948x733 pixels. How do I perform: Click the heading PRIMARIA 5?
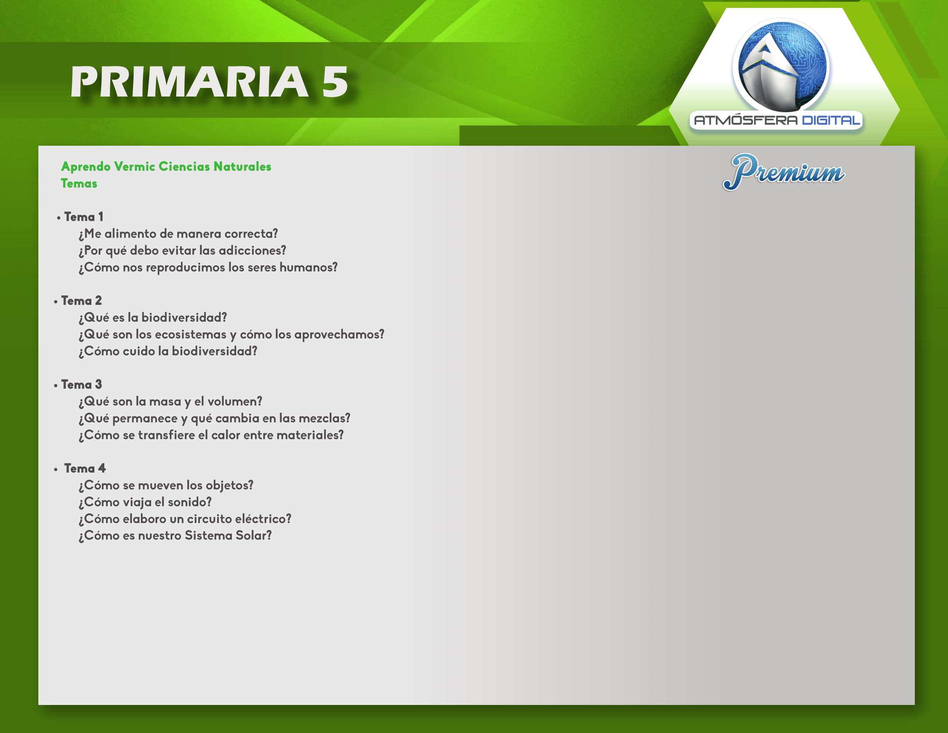[x=209, y=81]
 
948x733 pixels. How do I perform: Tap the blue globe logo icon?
[x=781, y=65]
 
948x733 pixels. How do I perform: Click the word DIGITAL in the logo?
[x=831, y=120]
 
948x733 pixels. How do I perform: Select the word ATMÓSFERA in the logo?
[x=746, y=120]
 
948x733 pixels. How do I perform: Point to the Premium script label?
[x=784, y=172]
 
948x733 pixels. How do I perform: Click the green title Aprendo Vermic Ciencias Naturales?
[x=166, y=167]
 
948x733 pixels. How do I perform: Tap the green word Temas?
[x=79, y=184]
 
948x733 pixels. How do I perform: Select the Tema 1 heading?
[x=83, y=217]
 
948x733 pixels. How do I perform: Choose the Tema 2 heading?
[x=81, y=301]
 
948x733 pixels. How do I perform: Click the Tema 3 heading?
[x=81, y=384]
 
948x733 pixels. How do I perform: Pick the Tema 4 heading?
[x=84, y=468]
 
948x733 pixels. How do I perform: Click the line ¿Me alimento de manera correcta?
[x=178, y=234]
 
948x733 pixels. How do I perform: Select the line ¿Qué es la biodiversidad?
[x=153, y=318]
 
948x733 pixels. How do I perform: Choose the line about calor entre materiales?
[x=211, y=435]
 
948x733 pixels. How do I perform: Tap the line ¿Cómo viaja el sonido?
[x=145, y=502]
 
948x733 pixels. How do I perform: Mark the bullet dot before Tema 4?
[x=56, y=470]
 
